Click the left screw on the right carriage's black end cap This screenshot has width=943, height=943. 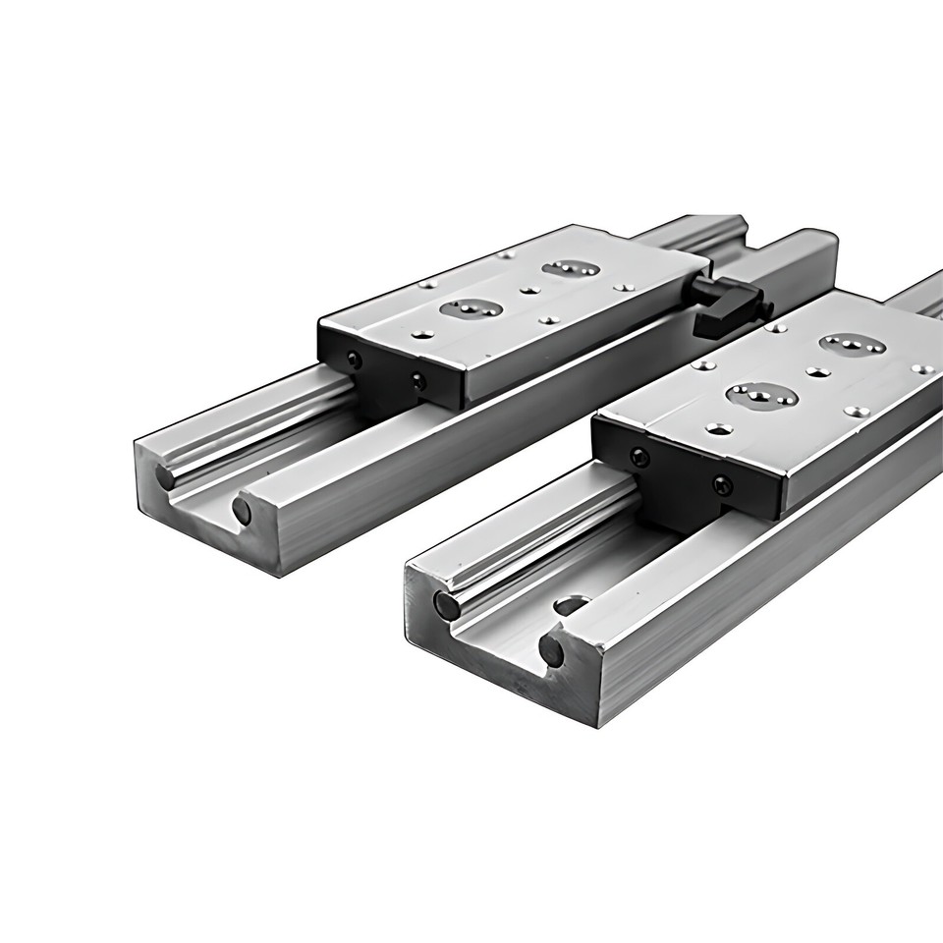(639, 457)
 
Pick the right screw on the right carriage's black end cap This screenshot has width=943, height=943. (723, 484)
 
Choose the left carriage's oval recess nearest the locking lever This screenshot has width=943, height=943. (570, 269)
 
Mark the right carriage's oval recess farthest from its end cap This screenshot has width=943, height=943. (849, 345)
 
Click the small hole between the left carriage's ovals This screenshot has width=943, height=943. (531, 291)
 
